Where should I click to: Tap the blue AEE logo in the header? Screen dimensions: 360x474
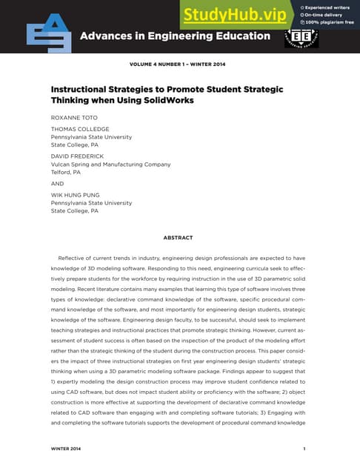pyautogui.click(x=50, y=34)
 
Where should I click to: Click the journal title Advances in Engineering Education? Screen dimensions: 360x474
pyautogui.click(x=175, y=36)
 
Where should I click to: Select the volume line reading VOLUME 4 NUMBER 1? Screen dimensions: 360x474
pyautogui.click(x=177, y=65)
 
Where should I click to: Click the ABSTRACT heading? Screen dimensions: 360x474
pyautogui.click(x=178, y=238)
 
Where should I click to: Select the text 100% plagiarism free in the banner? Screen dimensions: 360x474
pyautogui.click(x=330, y=23)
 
